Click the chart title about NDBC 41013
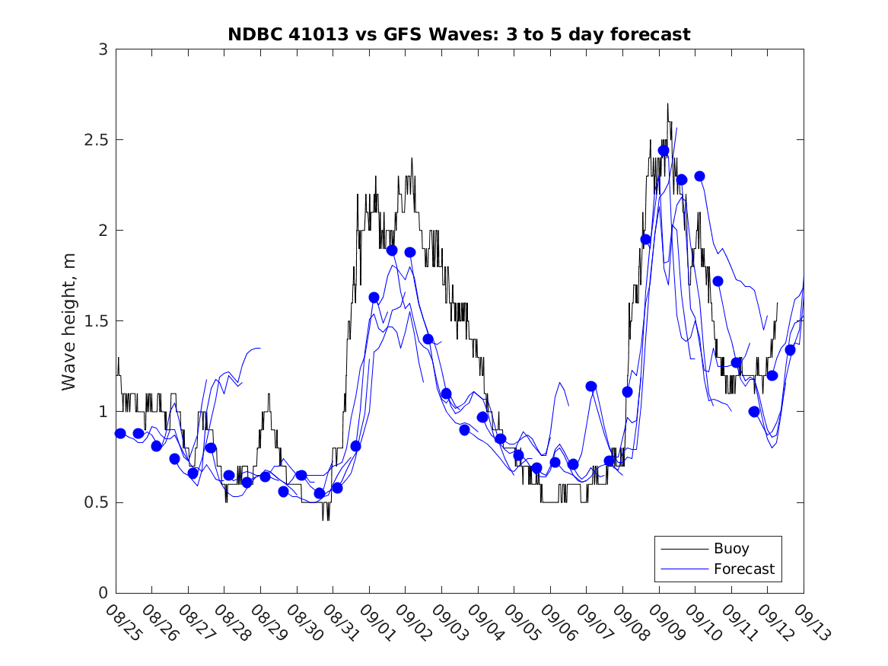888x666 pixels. (459, 34)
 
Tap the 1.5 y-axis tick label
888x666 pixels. (97, 321)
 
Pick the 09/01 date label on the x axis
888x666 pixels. (377, 622)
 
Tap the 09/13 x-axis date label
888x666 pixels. (811, 622)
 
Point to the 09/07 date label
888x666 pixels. (594, 622)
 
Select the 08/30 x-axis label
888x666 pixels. (304, 622)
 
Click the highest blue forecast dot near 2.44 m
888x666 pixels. (664, 151)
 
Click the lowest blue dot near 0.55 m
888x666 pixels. (320, 493)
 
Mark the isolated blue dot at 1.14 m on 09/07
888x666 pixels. (591, 386)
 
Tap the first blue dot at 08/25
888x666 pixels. (120, 433)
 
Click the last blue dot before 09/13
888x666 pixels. (790, 350)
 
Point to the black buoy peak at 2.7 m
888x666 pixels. (667, 104)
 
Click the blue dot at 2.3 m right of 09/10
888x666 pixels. (700, 176)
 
